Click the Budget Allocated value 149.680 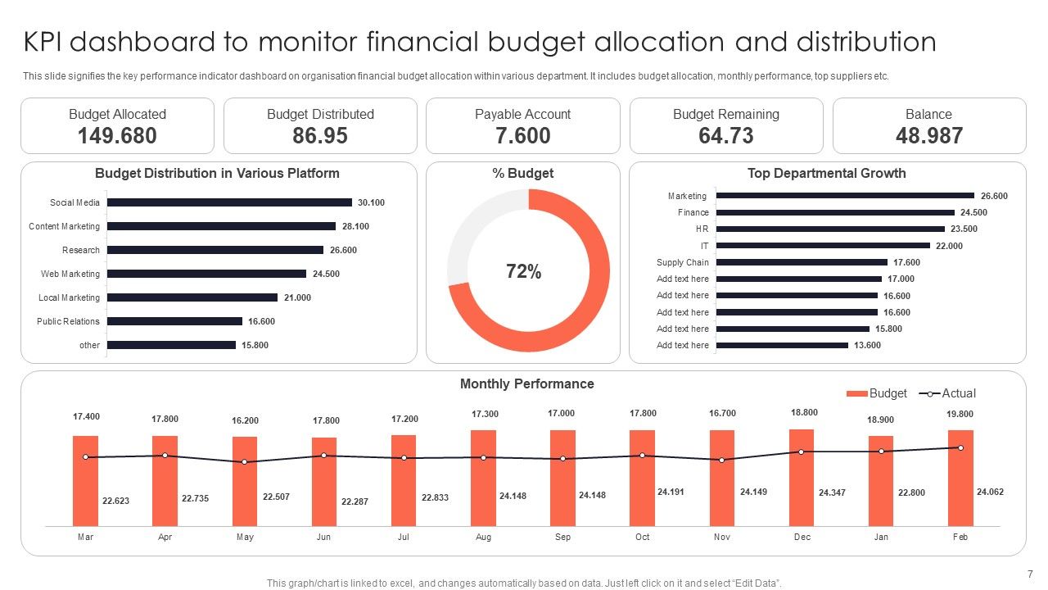pyautogui.click(x=117, y=136)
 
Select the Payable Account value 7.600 pyautogui.click(x=523, y=136)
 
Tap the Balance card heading pyautogui.click(x=928, y=115)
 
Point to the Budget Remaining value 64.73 pyautogui.click(x=726, y=136)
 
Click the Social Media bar pyautogui.click(x=229, y=202)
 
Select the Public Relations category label pyautogui.click(x=68, y=321)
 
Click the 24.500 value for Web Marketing pyautogui.click(x=326, y=274)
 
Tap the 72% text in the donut pyautogui.click(x=523, y=272)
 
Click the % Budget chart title pyautogui.click(x=523, y=173)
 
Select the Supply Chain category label pyautogui.click(x=682, y=262)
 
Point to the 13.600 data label pyautogui.click(x=867, y=345)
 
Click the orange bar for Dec pyautogui.click(x=802, y=477)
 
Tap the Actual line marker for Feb pyautogui.click(x=960, y=447)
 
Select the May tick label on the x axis pyautogui.click(x=244, y=537)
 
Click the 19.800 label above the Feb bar pyautogui.click(x=960, y=414)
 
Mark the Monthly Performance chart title pyautogui.click(x=526, y=383)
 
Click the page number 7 pyautogui.click(x=1030, y=574)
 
